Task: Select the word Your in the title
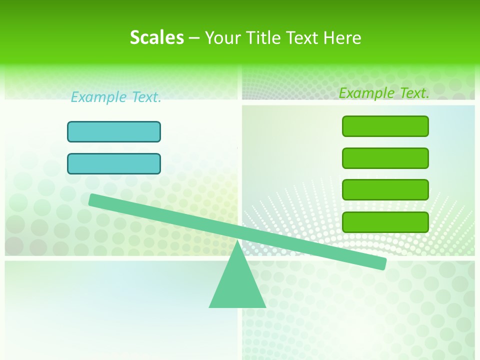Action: point(222,38)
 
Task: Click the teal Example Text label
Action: point(116,97)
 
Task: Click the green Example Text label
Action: point(384,93)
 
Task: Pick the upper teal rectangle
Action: point(114,131)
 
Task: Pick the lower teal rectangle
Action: point(114,163)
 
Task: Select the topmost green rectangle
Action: point(385,126)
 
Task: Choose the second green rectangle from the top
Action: point(385,158)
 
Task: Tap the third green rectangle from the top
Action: point(385,189)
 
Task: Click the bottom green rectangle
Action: point(385,221)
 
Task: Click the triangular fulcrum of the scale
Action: point(237,282)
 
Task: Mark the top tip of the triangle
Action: point(237,241)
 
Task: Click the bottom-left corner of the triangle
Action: point(210,306)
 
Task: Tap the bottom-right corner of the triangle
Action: point(264,306)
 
